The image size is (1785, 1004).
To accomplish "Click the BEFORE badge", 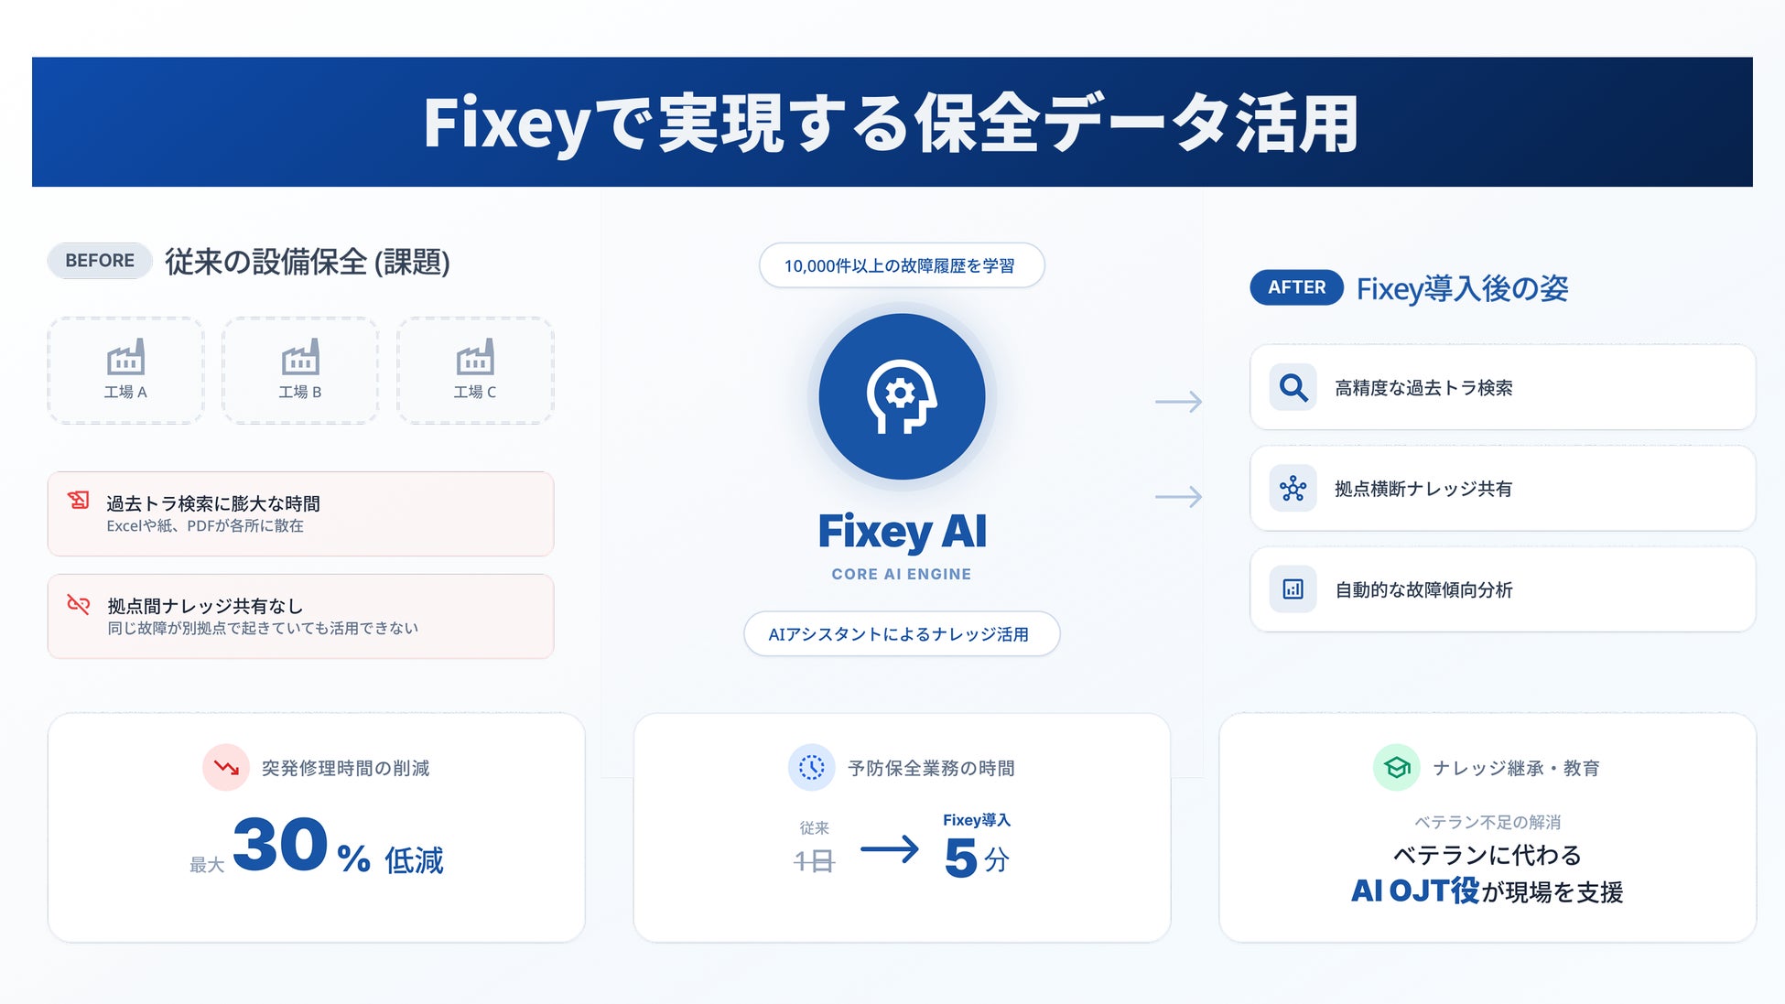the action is [100, 261].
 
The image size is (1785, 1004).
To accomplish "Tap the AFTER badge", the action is [1296, 287].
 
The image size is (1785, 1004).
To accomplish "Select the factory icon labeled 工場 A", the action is [125, 358].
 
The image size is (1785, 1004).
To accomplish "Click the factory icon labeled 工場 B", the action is [300, 358].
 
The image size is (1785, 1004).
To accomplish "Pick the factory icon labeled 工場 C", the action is [475, 358].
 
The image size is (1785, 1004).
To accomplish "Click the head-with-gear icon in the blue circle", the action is [902, 396].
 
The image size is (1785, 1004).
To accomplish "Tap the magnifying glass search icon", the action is [1293, 388].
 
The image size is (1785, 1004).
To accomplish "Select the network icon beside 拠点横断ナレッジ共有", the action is [1293, 489].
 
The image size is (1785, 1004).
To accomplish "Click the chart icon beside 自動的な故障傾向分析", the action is [1293, 589].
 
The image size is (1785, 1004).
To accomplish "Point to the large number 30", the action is [280, 845].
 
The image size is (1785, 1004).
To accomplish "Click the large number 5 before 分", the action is [960, 858].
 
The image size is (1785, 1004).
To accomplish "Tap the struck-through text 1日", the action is [814, 861].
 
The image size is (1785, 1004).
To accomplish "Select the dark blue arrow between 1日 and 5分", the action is [889, 849].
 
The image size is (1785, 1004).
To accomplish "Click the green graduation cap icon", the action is [1396, 767].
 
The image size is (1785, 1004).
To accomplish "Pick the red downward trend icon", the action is [226, 767].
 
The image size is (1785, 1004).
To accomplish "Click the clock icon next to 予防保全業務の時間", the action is [811, 767].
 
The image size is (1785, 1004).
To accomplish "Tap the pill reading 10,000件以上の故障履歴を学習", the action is [901, 265].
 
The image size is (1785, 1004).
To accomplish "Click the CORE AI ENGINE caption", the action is [901, 574].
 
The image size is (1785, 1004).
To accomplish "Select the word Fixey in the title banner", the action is [506, 124].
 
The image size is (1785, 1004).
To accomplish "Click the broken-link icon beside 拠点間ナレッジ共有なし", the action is [79, 604].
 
